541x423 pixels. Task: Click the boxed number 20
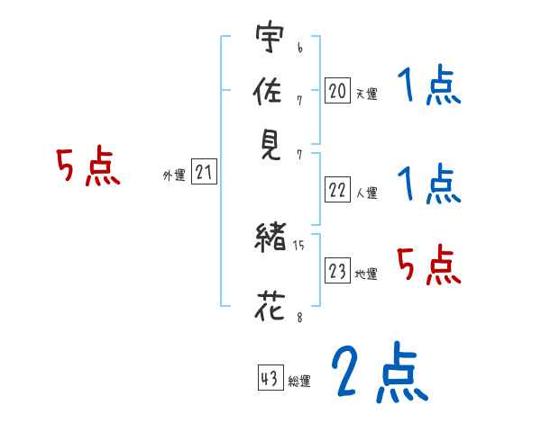pos(337,90)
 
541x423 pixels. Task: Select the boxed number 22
pos(337,189)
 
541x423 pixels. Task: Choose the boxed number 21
pos(204,173)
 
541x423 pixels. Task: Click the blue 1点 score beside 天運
pos(428,87)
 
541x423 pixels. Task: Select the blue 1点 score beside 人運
pos(428,184)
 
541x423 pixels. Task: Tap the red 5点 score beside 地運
pos(428,265)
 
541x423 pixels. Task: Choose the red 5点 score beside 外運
pos(87,168)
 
